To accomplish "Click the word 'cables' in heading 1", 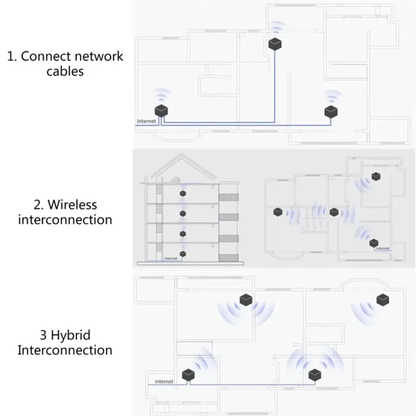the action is pyautogui.click(x=65, y=71).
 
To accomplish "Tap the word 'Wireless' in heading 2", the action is pyautogui.click(x=72, y=205).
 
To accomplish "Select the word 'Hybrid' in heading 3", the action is pyautogui.click(x=70, y=335).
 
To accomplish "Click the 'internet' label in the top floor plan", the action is pyautogui.click(x=147, y=121).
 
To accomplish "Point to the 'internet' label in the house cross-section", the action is pyautogui.click(x=171, y=258).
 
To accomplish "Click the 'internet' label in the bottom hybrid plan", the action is pyautogui.click(x=164, y=381).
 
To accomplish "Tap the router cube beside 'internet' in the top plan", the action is pyautogui.click(x=161, y=111).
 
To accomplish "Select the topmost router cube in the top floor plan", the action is pyautogui.click(x=275, y=44).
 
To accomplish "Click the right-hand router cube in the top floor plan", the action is pyautogui.click(x=331, y=112).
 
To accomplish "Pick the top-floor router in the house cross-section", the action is pyautogui.click(x=183, y=193).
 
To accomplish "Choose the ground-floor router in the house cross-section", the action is pyautogui.click(x=183, y=254).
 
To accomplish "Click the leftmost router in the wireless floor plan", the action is pyautogui.click(x=278, y=212).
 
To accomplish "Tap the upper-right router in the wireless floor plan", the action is pyautogui.click(x=376, y=176).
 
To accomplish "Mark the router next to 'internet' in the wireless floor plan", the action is pyautogui.click(x=374, y=243).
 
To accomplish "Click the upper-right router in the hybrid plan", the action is pyautogui.click(x=383, y=300).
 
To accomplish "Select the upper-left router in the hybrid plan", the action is pyautogui.click(x=246, y=300).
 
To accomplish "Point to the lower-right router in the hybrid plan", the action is pyautogui.click(x=315, y=375).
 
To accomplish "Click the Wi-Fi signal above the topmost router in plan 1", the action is pyautogui.click(x=277, y=27).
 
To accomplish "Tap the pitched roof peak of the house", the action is pyautogui.click(x=181, y=154).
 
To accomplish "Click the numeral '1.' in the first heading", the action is pyautogui.click(x=12, y=57).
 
